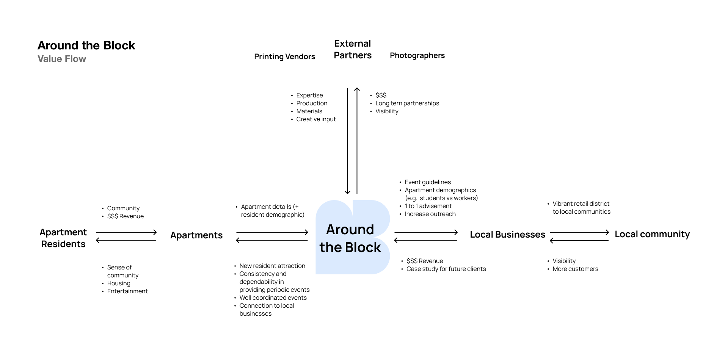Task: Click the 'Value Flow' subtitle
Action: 62,59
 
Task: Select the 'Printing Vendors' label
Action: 284,56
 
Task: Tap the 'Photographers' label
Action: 417,55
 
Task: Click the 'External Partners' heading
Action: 353,49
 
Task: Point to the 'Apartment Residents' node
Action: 63,238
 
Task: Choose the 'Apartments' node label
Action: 196,235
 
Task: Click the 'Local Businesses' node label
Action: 508,235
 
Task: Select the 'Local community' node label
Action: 652,234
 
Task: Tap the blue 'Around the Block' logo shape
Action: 353,237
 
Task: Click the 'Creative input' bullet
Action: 316,119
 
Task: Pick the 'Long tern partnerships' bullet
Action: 407,103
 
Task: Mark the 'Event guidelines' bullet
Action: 428,182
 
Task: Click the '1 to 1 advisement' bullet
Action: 428,206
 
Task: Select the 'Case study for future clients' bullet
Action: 446,269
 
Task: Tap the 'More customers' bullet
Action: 575,269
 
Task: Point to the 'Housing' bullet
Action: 119,283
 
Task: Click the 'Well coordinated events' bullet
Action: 273,297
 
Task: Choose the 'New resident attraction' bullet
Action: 272,266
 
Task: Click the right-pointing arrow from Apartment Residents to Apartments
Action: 127,232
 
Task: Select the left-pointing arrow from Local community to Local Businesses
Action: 579,241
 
